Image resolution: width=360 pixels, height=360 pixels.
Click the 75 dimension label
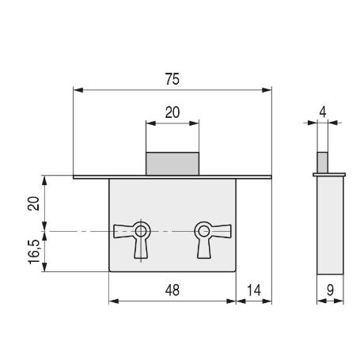click(172, 79)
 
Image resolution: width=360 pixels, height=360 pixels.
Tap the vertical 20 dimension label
click(33, 203)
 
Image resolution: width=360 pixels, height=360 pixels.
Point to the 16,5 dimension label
click(34, 252)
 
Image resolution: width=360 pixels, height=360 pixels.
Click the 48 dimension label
click(172, 290)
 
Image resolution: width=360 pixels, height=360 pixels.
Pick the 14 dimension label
click(254, 290)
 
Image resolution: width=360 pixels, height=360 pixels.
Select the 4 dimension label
click(323, 112)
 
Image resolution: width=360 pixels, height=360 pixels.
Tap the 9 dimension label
click(330, 290)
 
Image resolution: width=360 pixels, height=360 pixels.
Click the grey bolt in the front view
click(172, 164)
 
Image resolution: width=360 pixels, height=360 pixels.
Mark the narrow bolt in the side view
click(322, 163)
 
